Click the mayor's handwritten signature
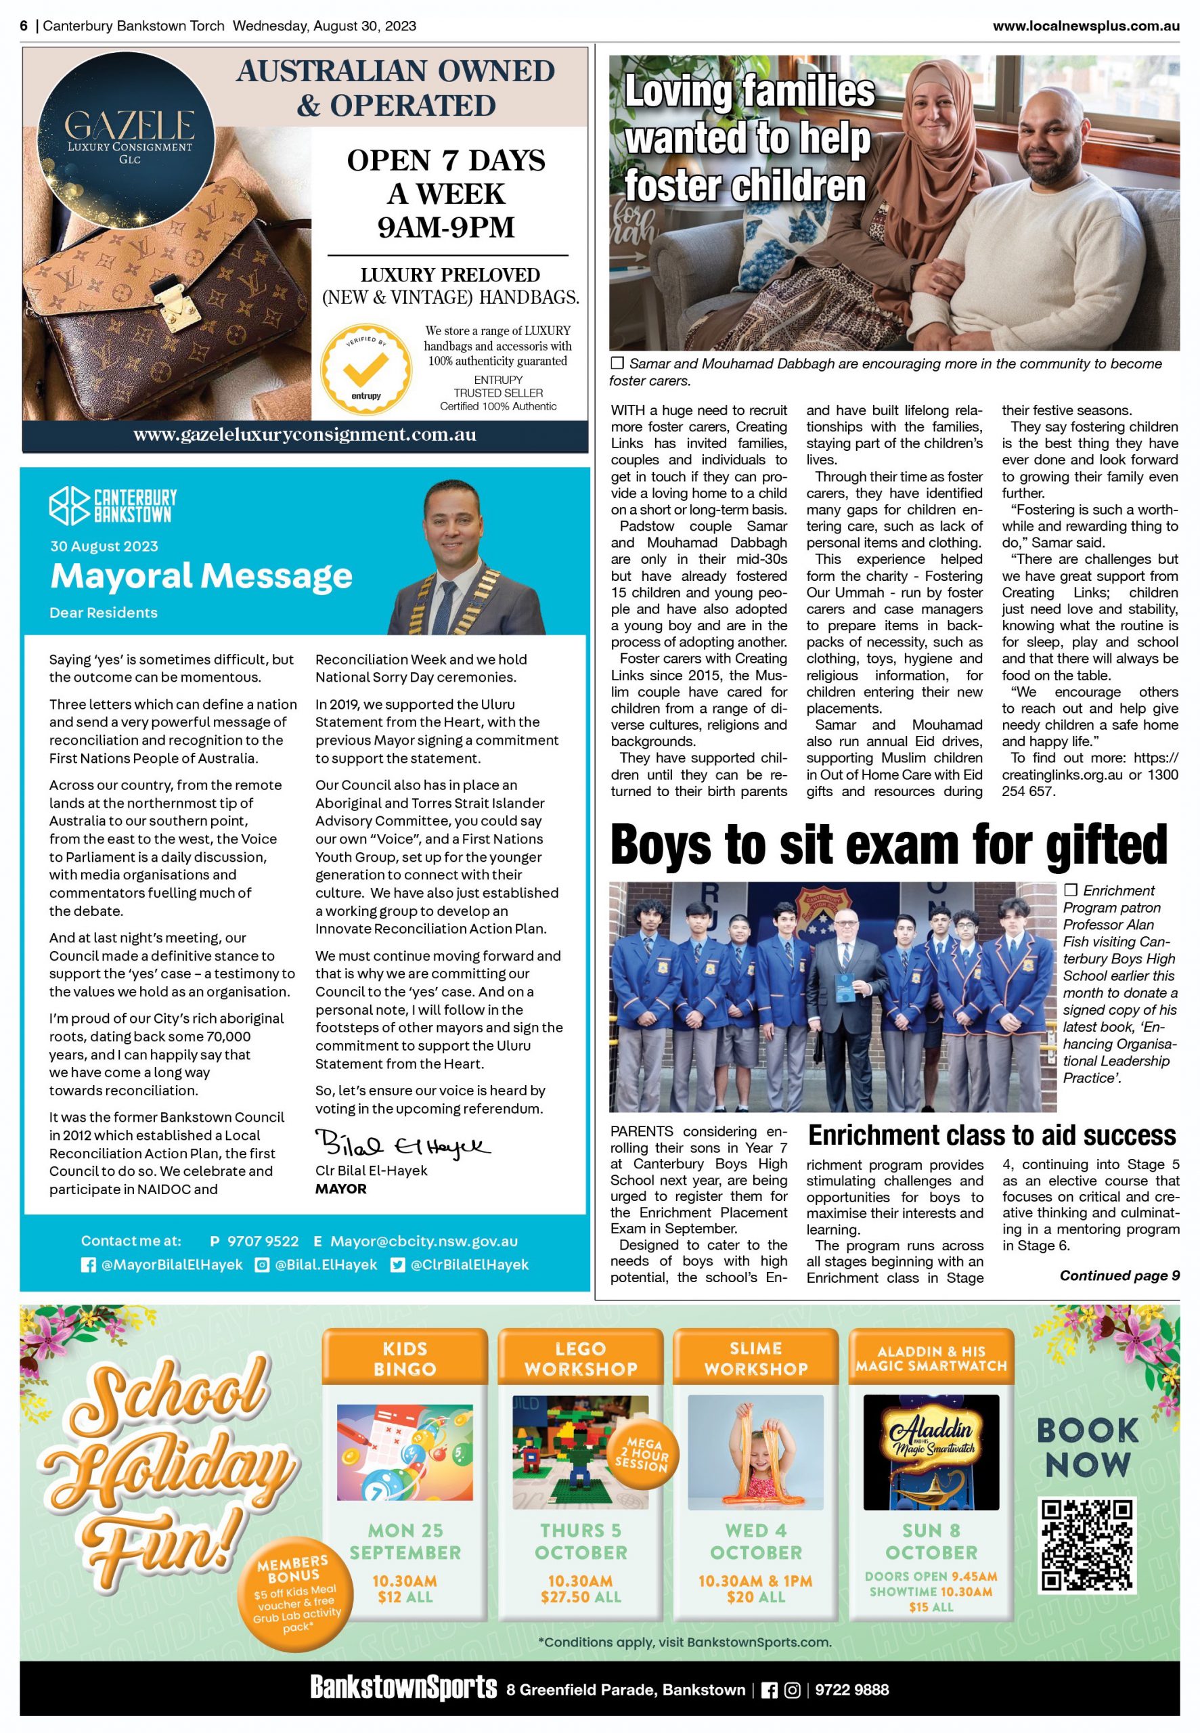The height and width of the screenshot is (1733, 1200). [401, 1144]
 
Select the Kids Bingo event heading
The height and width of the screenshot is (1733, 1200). [405, 1358]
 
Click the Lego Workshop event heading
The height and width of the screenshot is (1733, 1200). [581, 1358]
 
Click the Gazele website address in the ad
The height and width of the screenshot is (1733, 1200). [305, 435]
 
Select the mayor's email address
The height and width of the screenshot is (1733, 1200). [424, 1242]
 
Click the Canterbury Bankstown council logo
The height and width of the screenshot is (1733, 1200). [113, 505]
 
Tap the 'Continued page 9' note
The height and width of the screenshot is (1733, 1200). [1119, 1275]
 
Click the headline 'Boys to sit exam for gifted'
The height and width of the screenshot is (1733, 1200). [889, 844]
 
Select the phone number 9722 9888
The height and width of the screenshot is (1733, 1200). [852, 1690]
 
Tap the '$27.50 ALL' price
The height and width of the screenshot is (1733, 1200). [581, 1596]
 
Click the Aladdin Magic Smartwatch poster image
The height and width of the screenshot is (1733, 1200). [931, 1452]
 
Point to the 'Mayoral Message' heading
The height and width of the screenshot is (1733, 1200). [201, 576]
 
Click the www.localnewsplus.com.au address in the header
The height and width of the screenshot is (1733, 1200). [1086, 26]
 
